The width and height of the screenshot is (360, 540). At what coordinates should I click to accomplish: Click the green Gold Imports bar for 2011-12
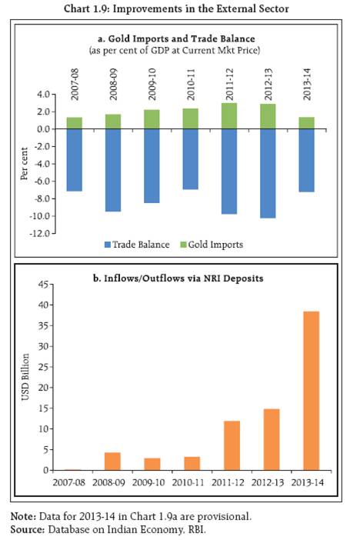[x=229, y=116]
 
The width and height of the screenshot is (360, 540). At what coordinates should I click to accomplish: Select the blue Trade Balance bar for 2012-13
[x=268, y=174]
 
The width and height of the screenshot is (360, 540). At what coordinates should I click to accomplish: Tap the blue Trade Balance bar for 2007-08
[x=75, y=160]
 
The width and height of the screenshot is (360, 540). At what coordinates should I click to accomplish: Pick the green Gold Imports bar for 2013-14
[x=307, y=123]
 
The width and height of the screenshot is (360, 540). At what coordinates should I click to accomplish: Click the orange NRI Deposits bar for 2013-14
[x=311, y=391]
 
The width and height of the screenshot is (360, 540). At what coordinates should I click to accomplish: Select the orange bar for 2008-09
[x=112, y=462]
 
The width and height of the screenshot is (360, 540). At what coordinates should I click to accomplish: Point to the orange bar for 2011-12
[x=232, y=445]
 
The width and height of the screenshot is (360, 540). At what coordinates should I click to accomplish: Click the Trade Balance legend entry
[x=137, y=245]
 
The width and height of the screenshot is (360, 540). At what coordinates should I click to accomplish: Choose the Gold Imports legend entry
[x=212, y=245]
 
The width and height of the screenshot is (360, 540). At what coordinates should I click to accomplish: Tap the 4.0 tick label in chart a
[x=44, y=95]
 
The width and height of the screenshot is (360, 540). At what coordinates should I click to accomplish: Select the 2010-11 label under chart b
[x=188, y=482]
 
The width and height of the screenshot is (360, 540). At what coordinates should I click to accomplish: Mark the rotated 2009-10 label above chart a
[x=152, y=85]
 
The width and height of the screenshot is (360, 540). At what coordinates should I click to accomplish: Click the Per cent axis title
[x=24, y=164]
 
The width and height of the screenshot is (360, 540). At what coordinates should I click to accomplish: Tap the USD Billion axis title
[x=25, y=377]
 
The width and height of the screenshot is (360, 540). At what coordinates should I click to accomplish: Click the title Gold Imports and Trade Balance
[x=176, y=38]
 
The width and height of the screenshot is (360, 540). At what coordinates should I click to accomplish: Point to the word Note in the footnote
[x=23, y=517]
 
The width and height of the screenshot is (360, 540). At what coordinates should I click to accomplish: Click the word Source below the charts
[x=28, y=529]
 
